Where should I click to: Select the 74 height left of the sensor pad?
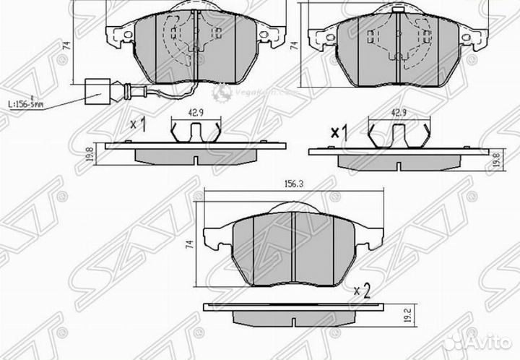(x=66, y=45)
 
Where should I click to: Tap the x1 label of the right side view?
(x=339, y=132)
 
